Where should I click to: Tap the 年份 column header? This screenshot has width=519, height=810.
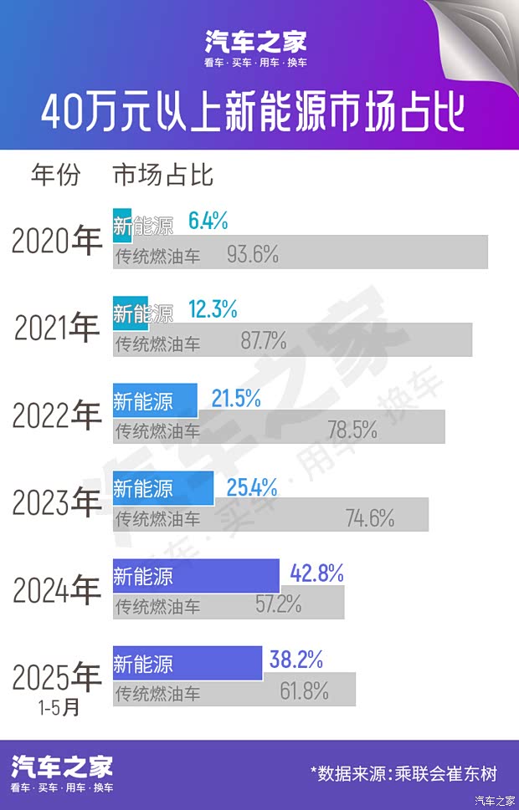pos(56,176)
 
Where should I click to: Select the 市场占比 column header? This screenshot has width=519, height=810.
pos(163,176)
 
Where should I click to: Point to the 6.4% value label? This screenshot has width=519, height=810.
pos(208,222)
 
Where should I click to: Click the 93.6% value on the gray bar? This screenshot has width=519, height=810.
pos(252,255)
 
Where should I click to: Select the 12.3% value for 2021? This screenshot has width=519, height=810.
pos(213,311)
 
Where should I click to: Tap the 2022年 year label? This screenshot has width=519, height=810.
pos(56,415)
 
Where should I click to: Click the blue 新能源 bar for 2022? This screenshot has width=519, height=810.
pos(155,400)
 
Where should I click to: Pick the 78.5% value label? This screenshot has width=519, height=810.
pos(352,430)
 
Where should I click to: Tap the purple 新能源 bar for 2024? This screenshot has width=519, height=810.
pos(196,575)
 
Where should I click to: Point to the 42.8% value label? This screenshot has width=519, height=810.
pos(316,574)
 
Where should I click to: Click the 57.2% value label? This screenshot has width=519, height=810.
pos(279,604)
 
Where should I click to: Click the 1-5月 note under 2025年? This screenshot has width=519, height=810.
pos(59,707)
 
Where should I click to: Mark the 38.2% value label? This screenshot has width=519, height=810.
pos(296,660)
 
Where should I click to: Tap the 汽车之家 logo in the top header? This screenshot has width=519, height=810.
pos(256,42)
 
